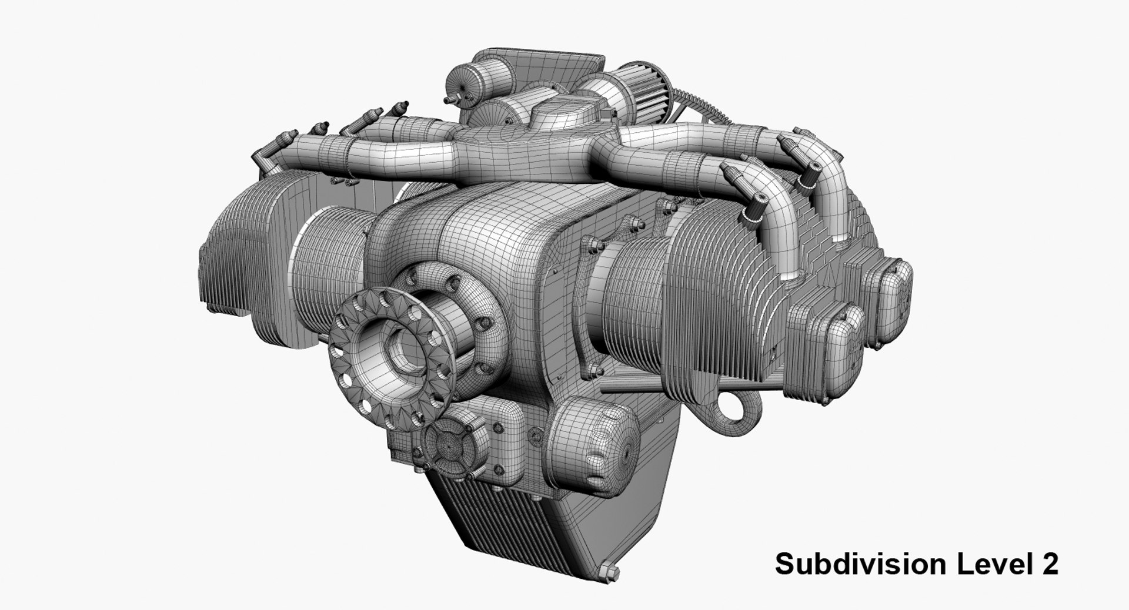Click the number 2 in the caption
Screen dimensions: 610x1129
point(1050,564)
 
